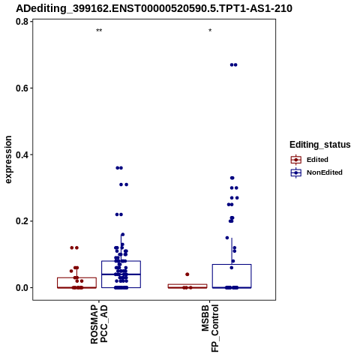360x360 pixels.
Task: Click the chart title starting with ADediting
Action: [154, 8]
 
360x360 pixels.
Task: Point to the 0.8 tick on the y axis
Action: [22, 22]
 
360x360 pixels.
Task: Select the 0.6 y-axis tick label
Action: [22, 88]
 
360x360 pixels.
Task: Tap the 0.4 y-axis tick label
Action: [22, 154]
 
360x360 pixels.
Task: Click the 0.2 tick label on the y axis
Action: [22, 221]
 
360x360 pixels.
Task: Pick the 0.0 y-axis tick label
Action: [22, 287]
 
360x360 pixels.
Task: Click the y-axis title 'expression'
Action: [8, 160]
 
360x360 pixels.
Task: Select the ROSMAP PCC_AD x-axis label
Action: [99, 324]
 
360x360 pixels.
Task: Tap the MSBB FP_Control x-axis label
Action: [210, 328]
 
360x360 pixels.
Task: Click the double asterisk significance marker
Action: [99, 31]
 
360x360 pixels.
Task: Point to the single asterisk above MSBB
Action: [210, 31]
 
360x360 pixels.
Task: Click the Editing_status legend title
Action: [319, 145]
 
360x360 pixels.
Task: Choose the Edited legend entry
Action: [310, 160]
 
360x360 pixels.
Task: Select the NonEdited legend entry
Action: [316, 172]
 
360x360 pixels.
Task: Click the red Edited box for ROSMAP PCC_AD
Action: [76, 283]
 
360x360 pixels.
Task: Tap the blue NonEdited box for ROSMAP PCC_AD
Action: [121, 274]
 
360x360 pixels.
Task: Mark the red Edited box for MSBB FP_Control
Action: [187, 286]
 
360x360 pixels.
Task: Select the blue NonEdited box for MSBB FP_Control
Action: [232, 276]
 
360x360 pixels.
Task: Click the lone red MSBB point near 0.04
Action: [187, 274]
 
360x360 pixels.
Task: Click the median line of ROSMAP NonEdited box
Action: [121, 274]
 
